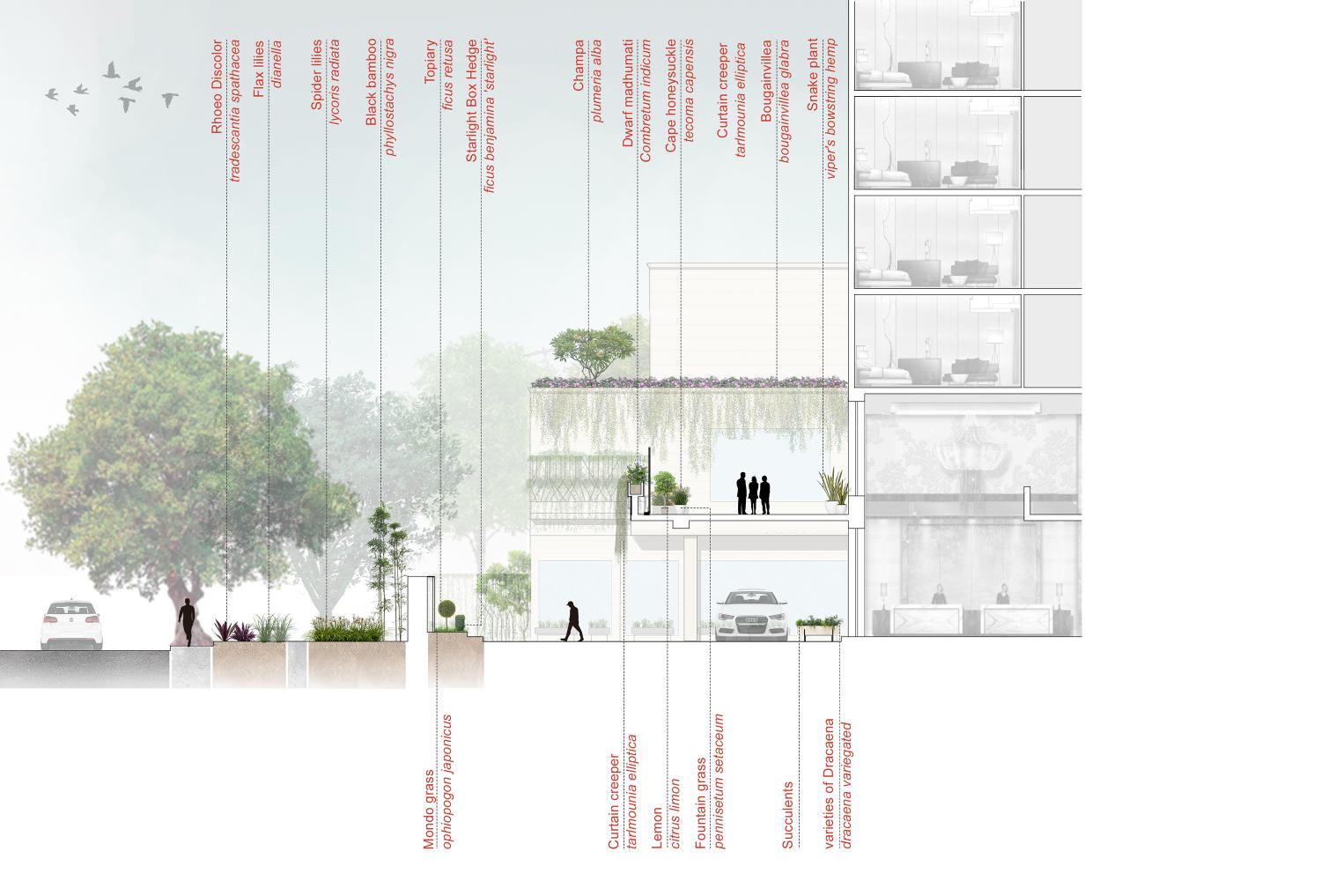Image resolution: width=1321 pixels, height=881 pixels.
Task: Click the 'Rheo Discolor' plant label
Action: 217,87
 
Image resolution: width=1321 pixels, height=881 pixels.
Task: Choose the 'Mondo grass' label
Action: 430,810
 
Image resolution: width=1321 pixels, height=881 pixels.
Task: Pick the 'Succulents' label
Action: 788,815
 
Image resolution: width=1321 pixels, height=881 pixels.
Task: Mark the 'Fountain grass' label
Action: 701,803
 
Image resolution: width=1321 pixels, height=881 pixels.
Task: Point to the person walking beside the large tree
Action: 188,623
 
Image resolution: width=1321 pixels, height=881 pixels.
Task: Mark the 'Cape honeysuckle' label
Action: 671,96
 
